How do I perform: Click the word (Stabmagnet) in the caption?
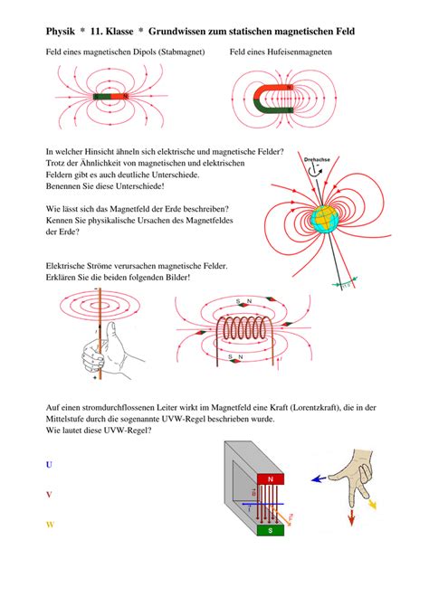[179, 52]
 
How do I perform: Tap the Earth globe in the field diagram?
[326, 218]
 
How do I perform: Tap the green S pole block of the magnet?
[270, 531]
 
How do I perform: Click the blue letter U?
[49, 464]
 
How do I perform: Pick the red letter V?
[49, 494]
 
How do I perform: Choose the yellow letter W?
[50, 525]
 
